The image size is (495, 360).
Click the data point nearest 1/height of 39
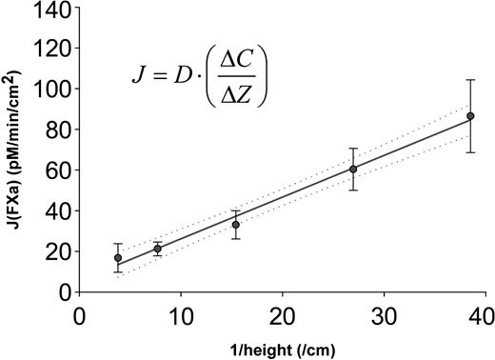click(470, 116)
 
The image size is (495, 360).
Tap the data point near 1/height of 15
click(235, 225)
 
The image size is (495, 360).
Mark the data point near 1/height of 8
click(157, 249)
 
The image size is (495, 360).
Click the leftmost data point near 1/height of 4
click(118, 257)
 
